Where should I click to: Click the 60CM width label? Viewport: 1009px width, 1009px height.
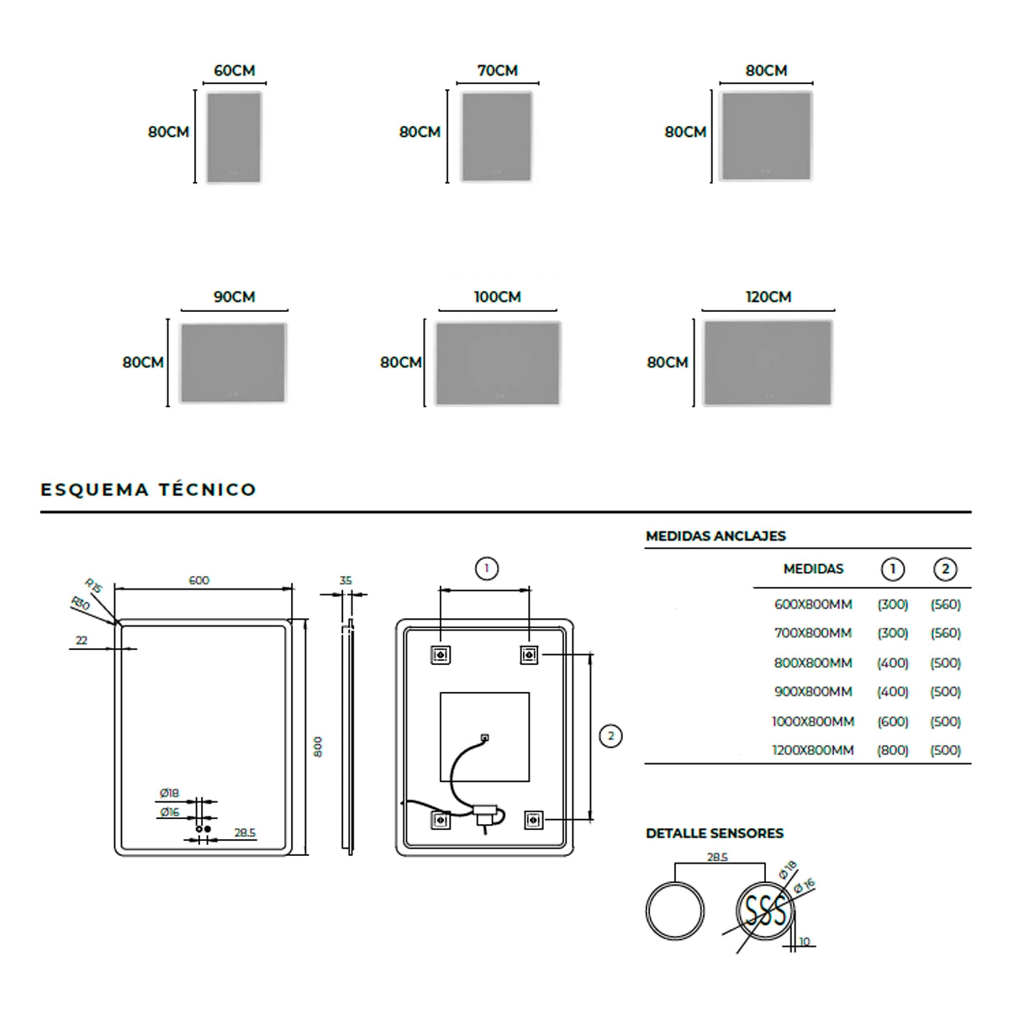tap(234, 71)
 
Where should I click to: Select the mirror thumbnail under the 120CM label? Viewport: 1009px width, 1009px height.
tap(768, 363)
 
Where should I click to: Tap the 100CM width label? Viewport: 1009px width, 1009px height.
tap(497, 297)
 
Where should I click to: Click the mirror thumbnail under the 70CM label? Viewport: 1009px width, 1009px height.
tap(497, 137)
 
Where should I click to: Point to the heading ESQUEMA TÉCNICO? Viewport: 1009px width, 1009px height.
tap(149, 489)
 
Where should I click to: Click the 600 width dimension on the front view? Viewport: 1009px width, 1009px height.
tap(199, 580)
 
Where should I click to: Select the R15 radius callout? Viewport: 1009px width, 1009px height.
tap(93, 586)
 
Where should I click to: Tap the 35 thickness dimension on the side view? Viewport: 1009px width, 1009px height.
tap(346, 580)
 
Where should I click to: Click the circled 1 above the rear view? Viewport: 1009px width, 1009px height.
tap(486, 569)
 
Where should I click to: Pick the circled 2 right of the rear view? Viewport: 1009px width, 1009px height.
tap(610, 736)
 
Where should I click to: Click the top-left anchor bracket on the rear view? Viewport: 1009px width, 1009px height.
tap(440, 653)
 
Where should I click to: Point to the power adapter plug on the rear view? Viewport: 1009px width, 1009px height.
tap(486, 814)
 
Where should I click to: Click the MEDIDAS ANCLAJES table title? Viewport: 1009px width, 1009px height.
tap(716, 536)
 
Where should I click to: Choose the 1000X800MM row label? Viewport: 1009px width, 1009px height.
tap(813, 721)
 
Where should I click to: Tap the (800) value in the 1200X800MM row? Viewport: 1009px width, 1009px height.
tap(892, 750)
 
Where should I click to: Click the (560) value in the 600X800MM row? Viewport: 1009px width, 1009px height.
tap(945, 605)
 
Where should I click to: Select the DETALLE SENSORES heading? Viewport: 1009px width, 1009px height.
tap(715, 833)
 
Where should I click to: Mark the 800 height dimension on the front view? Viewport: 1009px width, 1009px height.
tap(318, 747)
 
